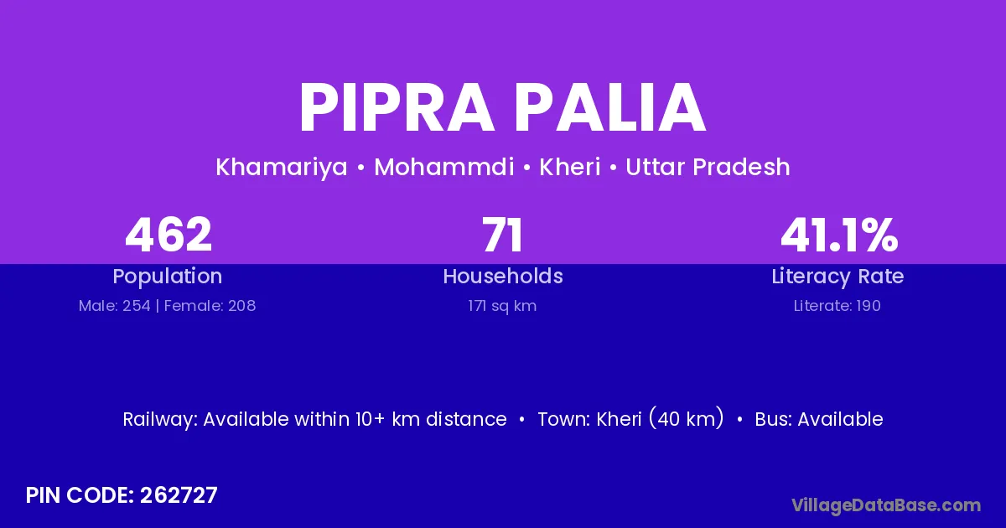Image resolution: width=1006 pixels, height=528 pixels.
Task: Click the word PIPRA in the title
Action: pyautogui.click(x=397, y=108)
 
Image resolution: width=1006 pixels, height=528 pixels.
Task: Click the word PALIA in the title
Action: pyautogui.click(x=610, y=108)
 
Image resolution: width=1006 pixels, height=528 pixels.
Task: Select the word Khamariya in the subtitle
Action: pyautogui.click(x=282, y=168)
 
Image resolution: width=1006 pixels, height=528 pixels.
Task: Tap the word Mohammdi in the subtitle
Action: pyautogui.click(x=444, y=167)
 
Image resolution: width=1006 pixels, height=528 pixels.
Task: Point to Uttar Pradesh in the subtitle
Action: pyautogui.click(x=708, y=167)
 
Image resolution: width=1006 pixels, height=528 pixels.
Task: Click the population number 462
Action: pyautogui.click(x=169, y=235)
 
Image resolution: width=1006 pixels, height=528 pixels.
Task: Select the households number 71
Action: pyautogui.click(x=502, y=235)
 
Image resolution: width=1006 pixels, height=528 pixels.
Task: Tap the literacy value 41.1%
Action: pyautogui.click(x=839, y=235)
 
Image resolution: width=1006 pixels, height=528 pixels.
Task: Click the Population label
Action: pyautogui.click(x=168, y=277)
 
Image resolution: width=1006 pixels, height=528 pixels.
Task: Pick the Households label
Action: pyautogui.click(x=503, y=276)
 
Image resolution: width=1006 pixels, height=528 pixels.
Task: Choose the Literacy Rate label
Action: pyautogui.click(x=837, y=277)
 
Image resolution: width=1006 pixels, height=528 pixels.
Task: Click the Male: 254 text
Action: pyautogui.click(x=115, y=306)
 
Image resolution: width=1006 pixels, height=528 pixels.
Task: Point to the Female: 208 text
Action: pyautogui.click(x=210, y=306)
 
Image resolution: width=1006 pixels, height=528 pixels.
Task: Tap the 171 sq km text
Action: pyautogui.click(x=502, y=306)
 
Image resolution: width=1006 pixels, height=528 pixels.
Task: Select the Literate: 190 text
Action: pyautogui.click(x=837, y=306)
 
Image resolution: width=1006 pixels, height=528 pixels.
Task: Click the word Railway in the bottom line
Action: pyautogui.click(x=160, y=420)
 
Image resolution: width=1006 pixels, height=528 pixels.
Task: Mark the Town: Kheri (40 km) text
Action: pyautogui.click(x=630, y=418)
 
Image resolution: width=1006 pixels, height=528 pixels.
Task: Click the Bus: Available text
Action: pyautogui.click(x=819, y=419)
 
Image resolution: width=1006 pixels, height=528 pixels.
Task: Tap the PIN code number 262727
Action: pyautogui.click(x=179, y=495)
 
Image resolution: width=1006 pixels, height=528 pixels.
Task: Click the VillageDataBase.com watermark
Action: pyautogui.click(x=886, y=506)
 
